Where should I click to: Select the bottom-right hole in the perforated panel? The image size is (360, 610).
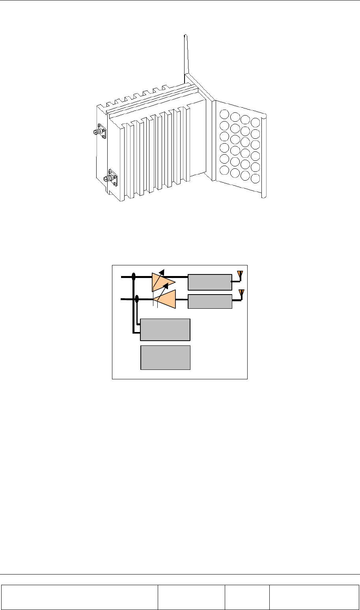coord(256,178)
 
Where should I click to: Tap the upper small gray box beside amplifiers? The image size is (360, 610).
coord(210,282)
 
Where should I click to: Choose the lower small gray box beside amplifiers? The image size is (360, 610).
coord(210,301)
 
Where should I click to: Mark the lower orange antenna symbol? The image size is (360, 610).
coord(242,293)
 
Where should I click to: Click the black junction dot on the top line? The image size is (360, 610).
coord(134,277)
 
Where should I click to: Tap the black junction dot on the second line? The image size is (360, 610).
coord(137,299)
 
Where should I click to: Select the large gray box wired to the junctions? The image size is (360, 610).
coord(165,330)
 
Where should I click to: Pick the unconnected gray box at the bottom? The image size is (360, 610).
coord(165,357)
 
